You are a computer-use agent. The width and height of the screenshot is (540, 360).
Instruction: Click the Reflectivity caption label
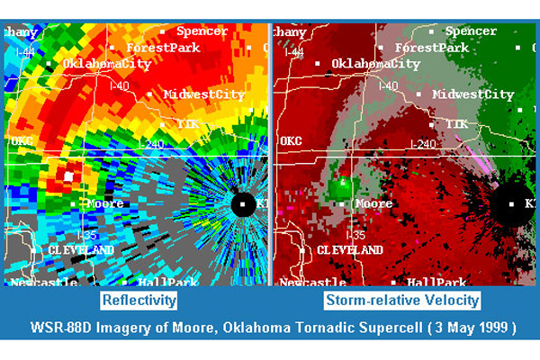[138, 300]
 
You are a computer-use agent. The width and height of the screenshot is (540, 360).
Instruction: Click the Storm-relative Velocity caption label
[401, 300]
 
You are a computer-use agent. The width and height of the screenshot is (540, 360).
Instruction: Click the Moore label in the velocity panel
[373, 204]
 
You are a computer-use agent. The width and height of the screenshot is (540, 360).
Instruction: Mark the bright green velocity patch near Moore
[341, 189]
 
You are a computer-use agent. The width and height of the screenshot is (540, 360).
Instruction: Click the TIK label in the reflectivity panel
[187, 123]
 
